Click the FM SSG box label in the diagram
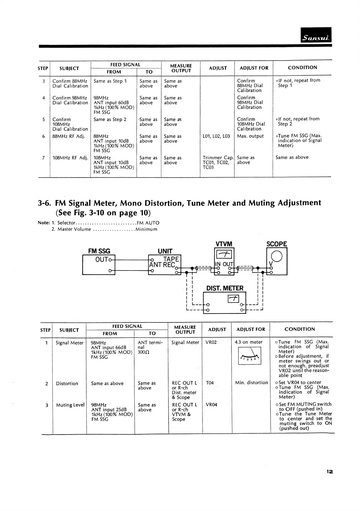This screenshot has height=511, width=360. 99,251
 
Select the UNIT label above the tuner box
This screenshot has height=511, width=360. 165,251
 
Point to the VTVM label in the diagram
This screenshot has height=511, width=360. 224,244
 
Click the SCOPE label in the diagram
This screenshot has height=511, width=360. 277,244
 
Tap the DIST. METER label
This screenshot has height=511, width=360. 225,288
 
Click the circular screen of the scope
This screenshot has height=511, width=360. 277,256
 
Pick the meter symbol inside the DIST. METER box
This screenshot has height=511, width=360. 233,299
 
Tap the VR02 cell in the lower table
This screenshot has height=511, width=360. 211,342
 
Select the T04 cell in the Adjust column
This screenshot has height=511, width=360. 210,383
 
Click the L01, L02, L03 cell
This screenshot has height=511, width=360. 216,136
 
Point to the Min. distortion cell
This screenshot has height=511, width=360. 251,383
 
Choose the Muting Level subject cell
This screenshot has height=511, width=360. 70,405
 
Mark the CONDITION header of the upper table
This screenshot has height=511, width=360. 302,68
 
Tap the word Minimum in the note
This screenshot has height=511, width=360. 146,229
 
